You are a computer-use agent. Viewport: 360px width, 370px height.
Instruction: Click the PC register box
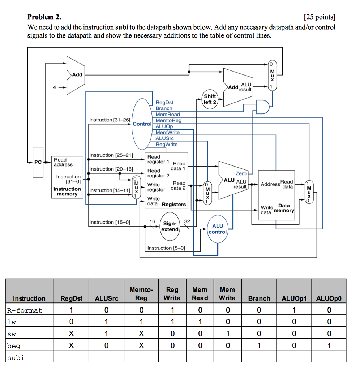click(x=38, y=162)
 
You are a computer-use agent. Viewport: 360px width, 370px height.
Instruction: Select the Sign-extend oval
click(x=170, y=227)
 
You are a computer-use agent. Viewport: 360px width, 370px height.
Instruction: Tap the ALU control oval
click(x=218, y=229)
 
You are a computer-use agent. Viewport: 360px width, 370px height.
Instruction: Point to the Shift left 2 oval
click(x=210, y=99)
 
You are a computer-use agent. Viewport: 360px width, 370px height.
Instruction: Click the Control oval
click(x=142, y=124)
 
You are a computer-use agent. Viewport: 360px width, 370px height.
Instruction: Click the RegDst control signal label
click(x=164, y=103)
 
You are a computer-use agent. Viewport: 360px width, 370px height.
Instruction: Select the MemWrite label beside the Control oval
click(x=167, y=133)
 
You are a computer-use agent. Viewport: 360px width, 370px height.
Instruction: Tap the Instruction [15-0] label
click(x=110, y=222)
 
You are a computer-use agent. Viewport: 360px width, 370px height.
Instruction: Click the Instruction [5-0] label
click(x=166, y=248)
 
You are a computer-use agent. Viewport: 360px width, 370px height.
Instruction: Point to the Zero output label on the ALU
click(x=241, y=173)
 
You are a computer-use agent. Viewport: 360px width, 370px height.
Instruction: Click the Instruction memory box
click(x=67, y=177)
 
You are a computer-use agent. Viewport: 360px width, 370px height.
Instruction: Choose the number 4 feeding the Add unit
click(x=55, y=87)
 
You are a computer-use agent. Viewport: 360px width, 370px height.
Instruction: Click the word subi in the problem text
click(x=122, y=27)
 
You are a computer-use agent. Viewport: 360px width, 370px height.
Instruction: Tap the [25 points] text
click(x=320, y=17)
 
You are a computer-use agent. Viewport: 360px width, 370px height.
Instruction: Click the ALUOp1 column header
click(x=294, y=298)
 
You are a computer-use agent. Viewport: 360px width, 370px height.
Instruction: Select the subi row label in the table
click(x=16, y=358)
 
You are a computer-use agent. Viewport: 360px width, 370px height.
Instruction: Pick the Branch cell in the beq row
click(x=259, y=346)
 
